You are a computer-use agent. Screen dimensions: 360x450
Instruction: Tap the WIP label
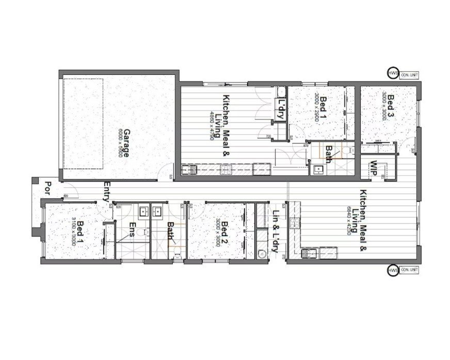tap(372, 169)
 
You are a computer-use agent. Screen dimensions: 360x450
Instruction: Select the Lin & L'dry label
tap(276, 232)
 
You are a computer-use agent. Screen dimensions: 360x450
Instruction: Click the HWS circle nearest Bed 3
tap(393, 74)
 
